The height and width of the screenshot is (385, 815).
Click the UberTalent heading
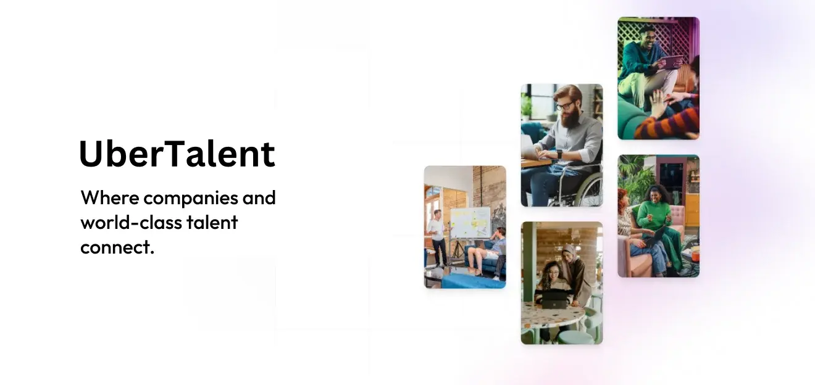(x=177, y=154)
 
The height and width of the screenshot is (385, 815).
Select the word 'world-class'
(x=131, y=222)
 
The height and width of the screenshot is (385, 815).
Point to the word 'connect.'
(x=117, y=247)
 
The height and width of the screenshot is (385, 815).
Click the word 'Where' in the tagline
(x=110, y=198)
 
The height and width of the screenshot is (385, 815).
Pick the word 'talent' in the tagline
(x=212, y=222)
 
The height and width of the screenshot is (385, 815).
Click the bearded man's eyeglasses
(x=564, y=106)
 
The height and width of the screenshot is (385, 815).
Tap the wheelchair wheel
(x=583, y=187)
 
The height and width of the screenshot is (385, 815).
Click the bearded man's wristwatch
(x=559, y=154)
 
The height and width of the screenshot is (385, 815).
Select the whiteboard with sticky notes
(x=470, y=223)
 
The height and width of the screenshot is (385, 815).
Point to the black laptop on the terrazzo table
(x=554, y=300)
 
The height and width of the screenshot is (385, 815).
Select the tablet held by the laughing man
(x=671, y=62)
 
